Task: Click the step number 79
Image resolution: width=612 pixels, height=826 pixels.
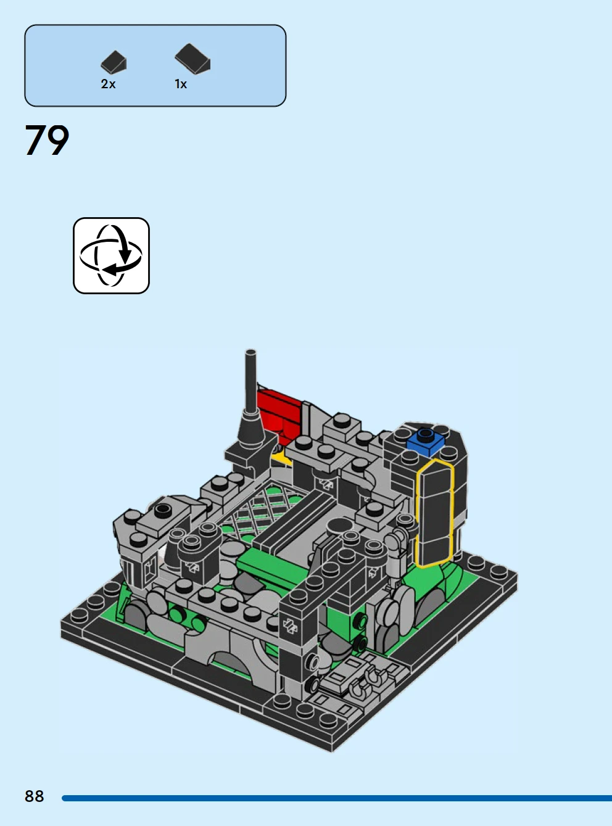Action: tap(47, 140)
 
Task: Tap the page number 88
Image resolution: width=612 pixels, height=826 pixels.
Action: tap(35, 796)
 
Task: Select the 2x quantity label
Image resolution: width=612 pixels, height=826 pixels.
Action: tap(108, 84)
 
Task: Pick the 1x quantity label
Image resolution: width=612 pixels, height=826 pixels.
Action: tap(181, 84)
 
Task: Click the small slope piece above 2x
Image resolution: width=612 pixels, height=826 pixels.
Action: tap(114, 62)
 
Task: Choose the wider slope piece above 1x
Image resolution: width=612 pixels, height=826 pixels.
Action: tap(192, 58)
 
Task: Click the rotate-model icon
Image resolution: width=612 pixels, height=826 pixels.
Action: tap(112, 256)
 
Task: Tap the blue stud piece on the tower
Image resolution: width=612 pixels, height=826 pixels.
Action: tap(426, 442)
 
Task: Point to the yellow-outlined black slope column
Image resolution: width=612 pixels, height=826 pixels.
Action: tap(434, 514)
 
